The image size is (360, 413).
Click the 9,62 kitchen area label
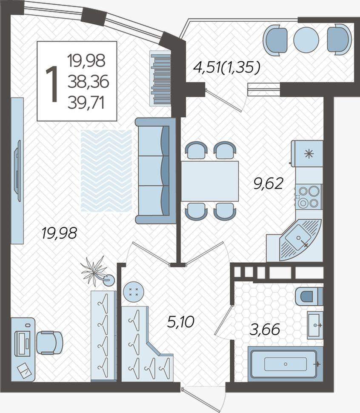point(268,184)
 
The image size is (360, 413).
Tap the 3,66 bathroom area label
point(265,330)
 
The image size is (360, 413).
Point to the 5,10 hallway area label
point(181,321)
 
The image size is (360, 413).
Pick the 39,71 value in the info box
point(86,103)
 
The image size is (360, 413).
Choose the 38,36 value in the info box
point(88,81)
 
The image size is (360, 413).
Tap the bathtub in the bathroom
point(285,364)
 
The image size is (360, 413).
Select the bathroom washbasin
point(315,325)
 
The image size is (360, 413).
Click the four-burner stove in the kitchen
point(309,197)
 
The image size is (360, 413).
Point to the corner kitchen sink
point(300,240)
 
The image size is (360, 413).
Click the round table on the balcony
point(306,40)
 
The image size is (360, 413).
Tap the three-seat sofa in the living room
point(155,171)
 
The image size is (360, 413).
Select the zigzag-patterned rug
point(106,171)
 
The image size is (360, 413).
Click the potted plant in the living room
point(97,272)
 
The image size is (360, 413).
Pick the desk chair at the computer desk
point(50,343)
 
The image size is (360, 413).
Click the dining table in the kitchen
point(210,181)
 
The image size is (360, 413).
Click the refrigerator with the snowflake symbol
point(307,154)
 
